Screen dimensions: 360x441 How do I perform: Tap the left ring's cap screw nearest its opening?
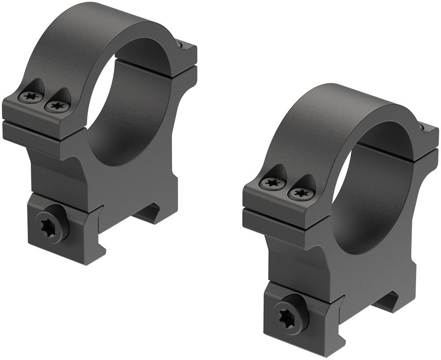(56, 105)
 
